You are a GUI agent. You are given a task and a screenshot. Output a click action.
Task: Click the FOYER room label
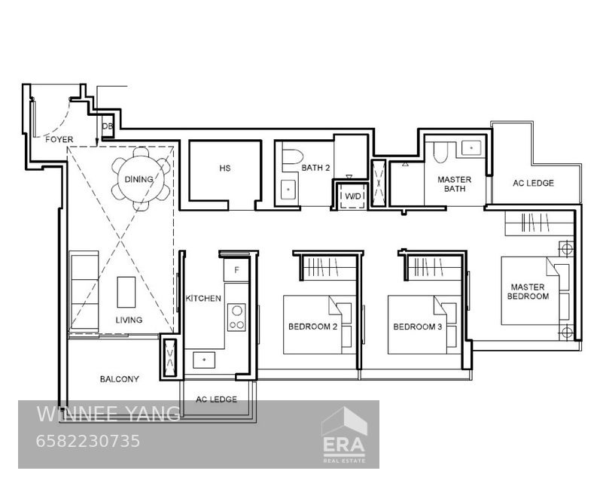coord(59,139)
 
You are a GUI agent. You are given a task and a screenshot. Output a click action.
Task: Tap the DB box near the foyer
coord(108,126)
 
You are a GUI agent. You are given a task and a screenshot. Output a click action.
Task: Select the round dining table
coord(139,179)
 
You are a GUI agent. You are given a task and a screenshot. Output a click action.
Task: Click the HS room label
coord(225,169)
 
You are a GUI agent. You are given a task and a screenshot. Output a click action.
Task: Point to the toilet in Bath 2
coord(291,156)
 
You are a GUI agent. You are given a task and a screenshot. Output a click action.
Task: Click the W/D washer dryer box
coord(353,196)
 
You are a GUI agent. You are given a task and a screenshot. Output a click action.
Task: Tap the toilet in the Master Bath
coord(440,153)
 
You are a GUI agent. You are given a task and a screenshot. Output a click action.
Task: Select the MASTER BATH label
coord(454,184)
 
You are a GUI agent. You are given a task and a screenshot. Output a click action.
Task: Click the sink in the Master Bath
coord(471,148)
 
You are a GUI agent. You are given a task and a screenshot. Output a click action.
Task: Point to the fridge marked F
coord(236,270)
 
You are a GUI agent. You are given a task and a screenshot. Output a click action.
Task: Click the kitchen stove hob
coord(236,317)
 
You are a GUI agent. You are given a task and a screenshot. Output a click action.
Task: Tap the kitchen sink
coord(204,360)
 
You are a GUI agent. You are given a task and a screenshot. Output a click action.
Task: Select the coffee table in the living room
coord(126,292)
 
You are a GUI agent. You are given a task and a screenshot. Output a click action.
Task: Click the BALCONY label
coord(119,379)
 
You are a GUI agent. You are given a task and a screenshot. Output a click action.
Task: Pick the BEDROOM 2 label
coord(312,327)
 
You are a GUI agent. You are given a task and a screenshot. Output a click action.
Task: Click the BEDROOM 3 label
coord(417,327)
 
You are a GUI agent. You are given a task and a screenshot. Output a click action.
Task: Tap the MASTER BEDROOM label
coord(528,292)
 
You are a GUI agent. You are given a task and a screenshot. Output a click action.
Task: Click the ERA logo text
coord(344,445)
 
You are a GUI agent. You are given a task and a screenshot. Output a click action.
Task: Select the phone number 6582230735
coord(87,441)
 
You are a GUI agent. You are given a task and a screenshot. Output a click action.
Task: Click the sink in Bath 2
coord(288,189)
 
